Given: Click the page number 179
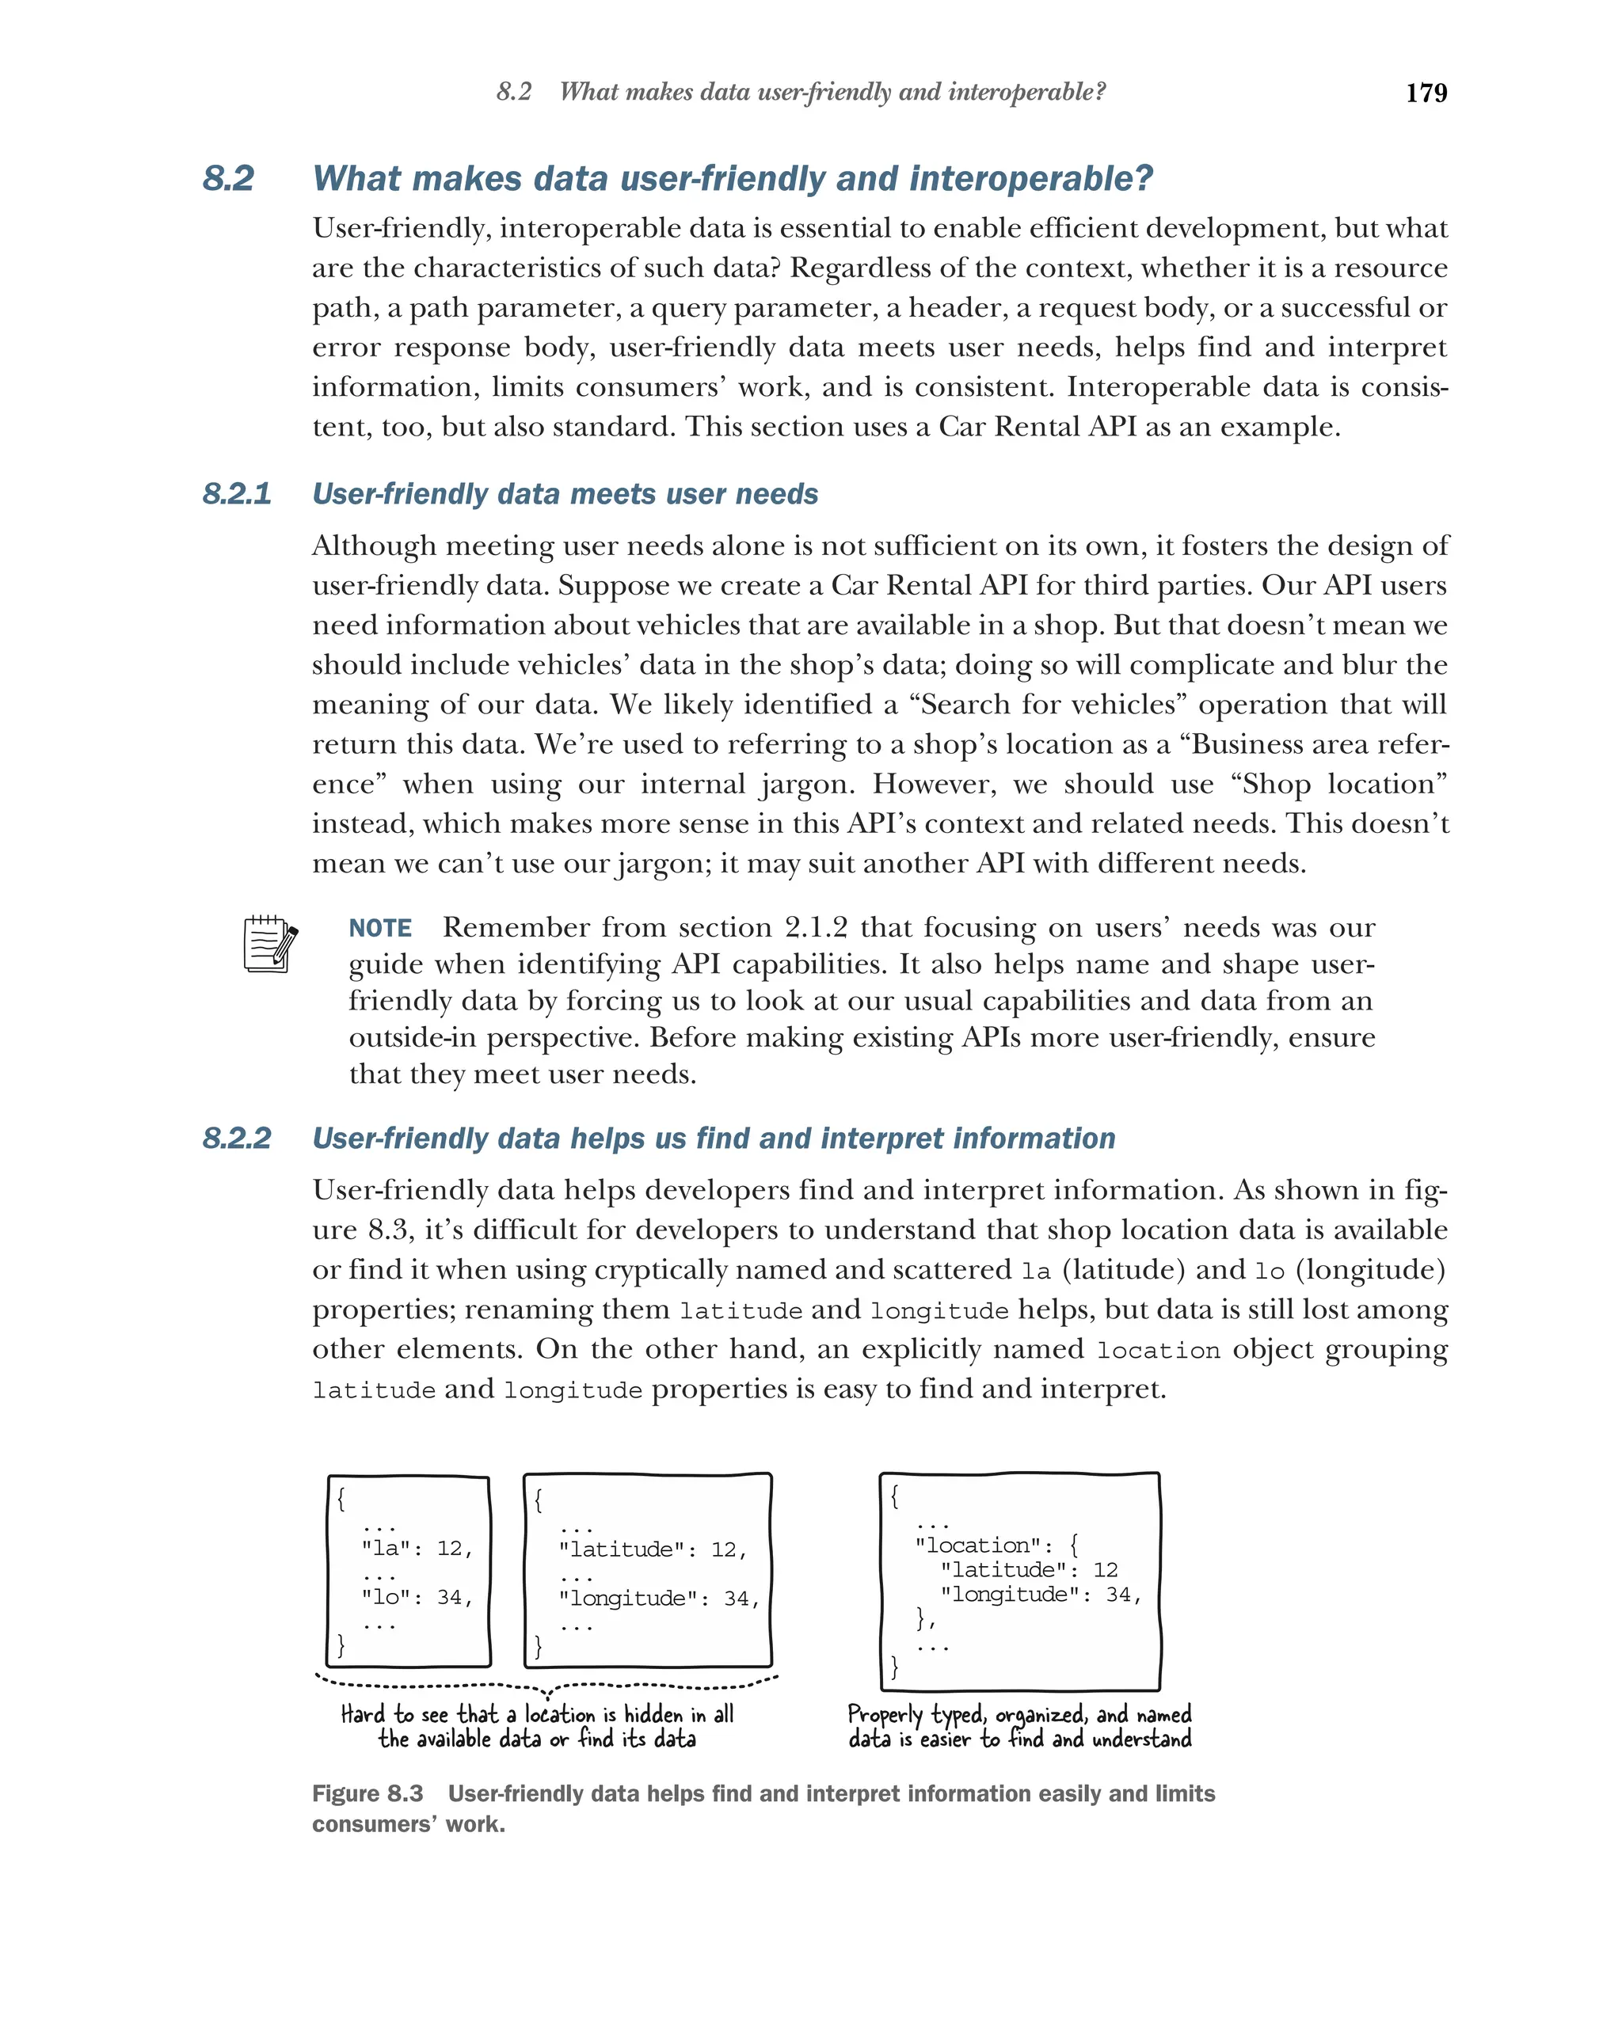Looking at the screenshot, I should (1425, 93).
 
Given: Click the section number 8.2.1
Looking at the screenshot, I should (236, 493).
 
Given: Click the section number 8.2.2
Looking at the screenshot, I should (236, 1138).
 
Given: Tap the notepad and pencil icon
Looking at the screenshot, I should (270, 944).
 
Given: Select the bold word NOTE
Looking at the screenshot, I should (379, 928).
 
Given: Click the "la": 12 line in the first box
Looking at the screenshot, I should (416, 1548).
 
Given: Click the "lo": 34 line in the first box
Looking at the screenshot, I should (416, 1597).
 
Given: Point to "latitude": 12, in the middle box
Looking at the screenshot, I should (652, 1549).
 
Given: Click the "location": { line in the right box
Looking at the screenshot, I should (996, 1545).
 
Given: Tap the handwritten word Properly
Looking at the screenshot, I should (884, 1715).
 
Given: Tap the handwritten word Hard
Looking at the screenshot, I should (362, 1714).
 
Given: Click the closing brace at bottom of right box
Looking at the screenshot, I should (893, 1667).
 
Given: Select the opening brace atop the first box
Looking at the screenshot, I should (341, 1498).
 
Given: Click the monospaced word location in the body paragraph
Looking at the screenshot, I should (1158, 1351).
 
